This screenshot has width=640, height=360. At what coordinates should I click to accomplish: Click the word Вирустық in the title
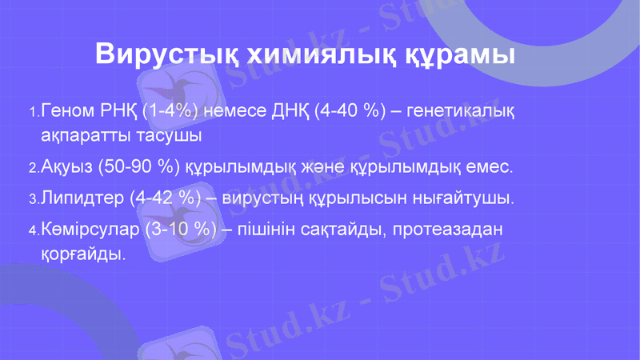point(163,54)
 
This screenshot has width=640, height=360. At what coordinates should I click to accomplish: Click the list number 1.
point(32,111)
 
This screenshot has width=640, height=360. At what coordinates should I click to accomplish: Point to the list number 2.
point(32,170)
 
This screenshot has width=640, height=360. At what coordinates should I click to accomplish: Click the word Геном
point(67,110)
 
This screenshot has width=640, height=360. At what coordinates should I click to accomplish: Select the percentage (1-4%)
point(170,110)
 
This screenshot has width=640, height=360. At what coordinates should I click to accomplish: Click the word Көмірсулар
point(90,230)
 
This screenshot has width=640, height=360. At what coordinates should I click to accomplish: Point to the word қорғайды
point(83,255)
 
